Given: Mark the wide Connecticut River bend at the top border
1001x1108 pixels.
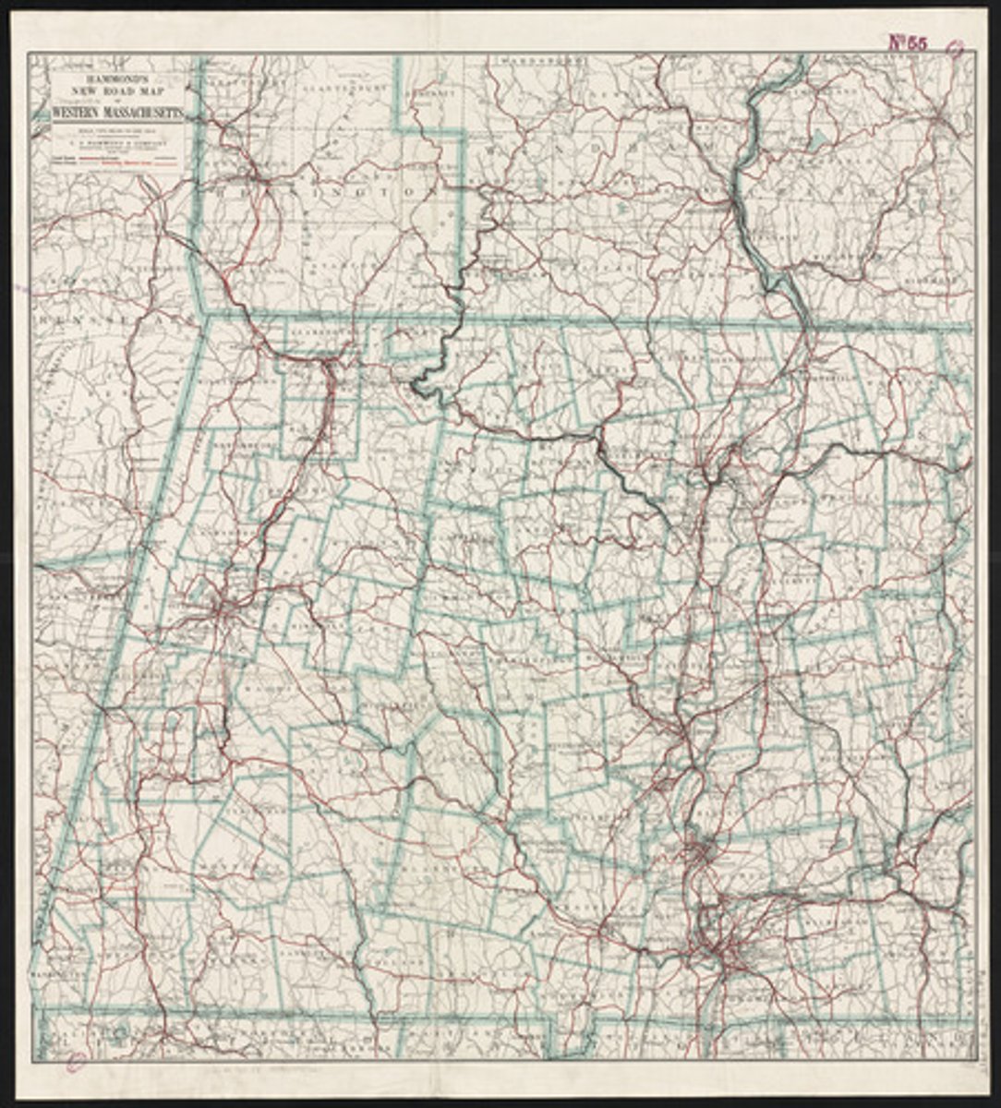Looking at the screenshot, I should [x=780, y=78].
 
